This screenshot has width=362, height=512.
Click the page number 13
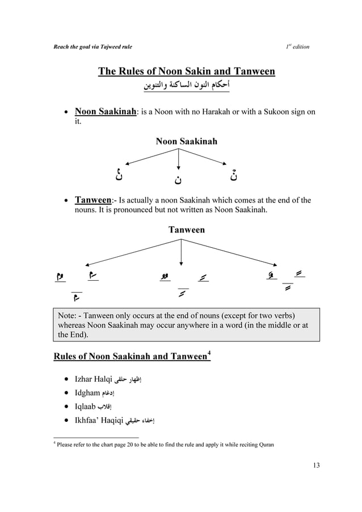pyautogui.click(x=316, y=466)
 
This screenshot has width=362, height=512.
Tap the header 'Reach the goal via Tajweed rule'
pyautogui.click(x=92, y=46)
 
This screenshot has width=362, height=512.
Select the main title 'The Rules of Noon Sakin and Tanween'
pyautogui.click(x=187, y=71)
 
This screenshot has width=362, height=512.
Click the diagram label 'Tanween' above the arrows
pyautogui.click(x=187, y=230)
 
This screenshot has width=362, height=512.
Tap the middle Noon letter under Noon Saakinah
pyautogui.click(x=179, y=180)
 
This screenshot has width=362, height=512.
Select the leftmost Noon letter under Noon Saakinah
pyautogui.click(x=119, y=175)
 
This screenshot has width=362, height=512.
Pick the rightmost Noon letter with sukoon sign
pyautogui.click(x=234, y=175)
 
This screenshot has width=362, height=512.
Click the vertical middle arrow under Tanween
pyautogui.click(x=181, y=252)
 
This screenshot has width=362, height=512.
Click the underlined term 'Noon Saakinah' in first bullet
pyautogui.click(x=106, y=112)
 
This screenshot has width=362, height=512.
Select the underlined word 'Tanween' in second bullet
pyautogui.click(x=95, y=200)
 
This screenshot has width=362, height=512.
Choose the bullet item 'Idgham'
pyautogui.click(x=88, y=392)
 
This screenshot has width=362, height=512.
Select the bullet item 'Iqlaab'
pyautogui.click(x=87, y=406)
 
